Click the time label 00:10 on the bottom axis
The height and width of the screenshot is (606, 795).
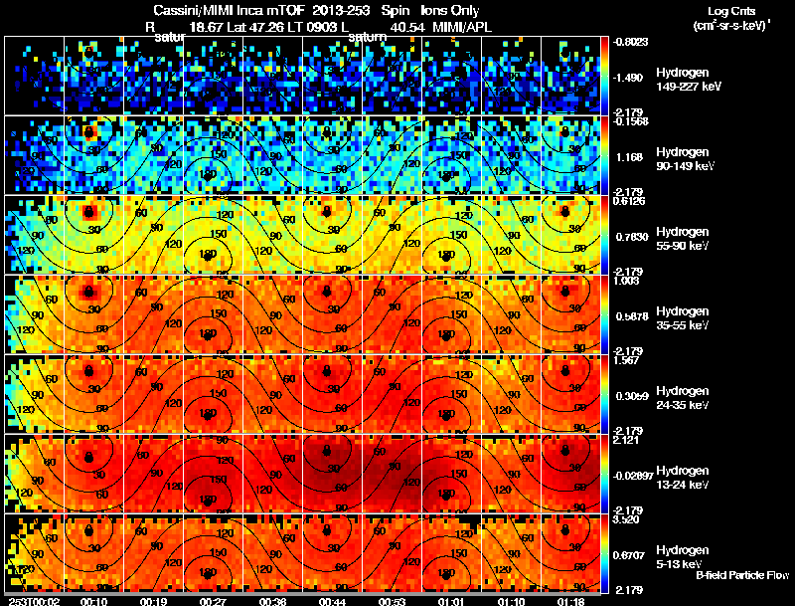point(96,601)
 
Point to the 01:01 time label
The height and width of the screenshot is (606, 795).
point(453,601)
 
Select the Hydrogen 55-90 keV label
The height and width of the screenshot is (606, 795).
point(685,239)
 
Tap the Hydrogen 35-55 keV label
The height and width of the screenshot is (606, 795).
point(685,318)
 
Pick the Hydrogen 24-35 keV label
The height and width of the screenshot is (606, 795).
point(685,398)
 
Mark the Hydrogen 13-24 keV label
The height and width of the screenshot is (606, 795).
point(685,478)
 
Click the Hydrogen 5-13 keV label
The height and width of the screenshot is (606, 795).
point(683,557)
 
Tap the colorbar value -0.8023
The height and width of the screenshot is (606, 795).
point(632,42)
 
